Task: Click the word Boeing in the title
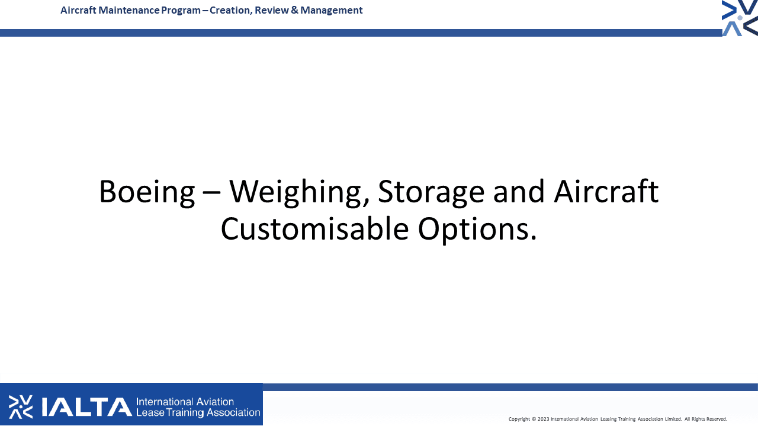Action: [x=147, y=193]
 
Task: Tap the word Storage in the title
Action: [x=431, y=193]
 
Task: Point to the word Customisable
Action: [x=314, y=229]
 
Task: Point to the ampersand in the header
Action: [x=294, y=10]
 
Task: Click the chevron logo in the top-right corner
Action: [x=740, y=18]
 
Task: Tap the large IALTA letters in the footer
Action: [x=86, y=406]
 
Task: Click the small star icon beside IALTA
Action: [x=21, y=406]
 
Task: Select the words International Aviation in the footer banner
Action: [x=185, y=402]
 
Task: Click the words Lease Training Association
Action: [x=198, y=412]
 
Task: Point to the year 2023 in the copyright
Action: [x=544, y=419]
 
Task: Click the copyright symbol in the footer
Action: [x=534, y=419]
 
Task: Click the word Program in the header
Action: [x=181, y=11]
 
